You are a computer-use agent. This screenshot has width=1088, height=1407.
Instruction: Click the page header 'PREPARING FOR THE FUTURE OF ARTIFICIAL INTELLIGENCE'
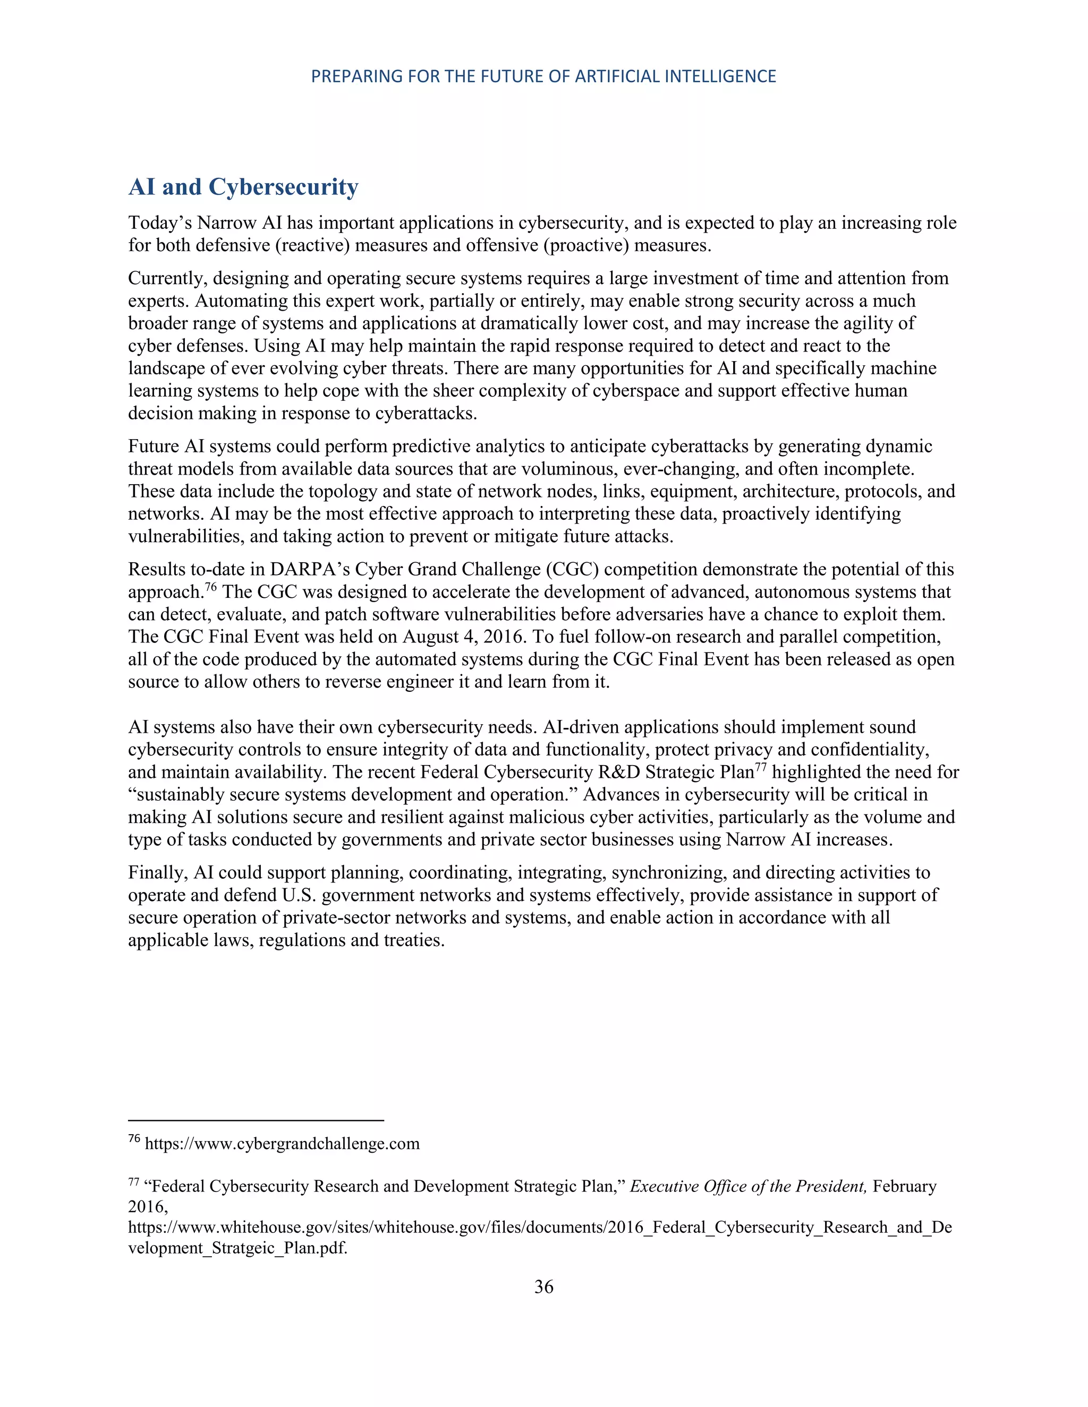pyautogui.click(x=543, y=76)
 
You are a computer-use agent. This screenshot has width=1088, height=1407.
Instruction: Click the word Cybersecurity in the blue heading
pyautogui.click(x=283, y=187)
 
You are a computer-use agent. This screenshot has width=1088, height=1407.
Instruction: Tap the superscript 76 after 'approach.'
pyautogui.click(x=211, y=587)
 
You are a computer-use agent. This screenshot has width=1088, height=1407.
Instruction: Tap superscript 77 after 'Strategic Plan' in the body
pyautogui.click(x=761, y=767)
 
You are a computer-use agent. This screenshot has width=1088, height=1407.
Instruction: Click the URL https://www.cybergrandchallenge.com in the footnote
pyautogui.click(x=282, y=1144)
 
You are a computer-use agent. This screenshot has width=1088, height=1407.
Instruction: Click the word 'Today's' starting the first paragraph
pyautogui.click(x=160, y=223)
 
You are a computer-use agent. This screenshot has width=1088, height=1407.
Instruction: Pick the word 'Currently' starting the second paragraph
pyautogui.click(x=167, y=278)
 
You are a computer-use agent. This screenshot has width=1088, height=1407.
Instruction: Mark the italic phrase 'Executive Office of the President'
pyautogui.click(x=747, y=1186)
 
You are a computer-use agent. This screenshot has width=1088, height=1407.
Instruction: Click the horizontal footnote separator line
pyautogui.click(x=256, y=1120)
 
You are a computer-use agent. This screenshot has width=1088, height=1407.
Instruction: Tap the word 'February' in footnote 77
pyautogui.click(x=904, y=1186)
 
